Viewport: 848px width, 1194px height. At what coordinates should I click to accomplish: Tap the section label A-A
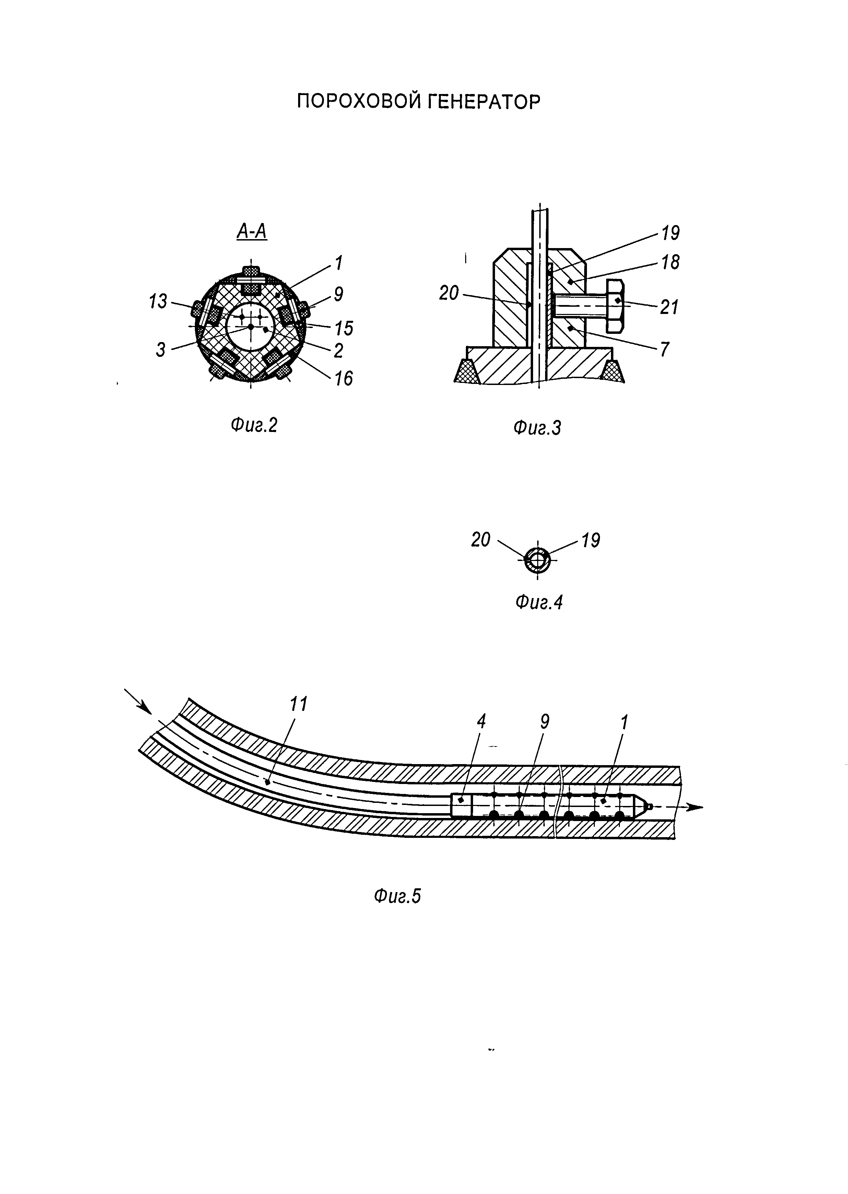[252, 231]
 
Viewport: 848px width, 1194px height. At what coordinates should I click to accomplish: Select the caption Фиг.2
[254, 426]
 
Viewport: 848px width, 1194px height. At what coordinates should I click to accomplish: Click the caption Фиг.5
[397, 896]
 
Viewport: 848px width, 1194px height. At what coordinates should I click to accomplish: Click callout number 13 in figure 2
[158, 301]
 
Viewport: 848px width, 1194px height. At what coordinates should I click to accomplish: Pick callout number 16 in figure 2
[344, 378]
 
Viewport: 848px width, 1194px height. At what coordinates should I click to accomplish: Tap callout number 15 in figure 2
[344, 328]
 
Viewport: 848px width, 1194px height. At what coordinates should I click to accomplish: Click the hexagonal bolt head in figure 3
[616, 306]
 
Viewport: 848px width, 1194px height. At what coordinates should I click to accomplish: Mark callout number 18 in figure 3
[670, 262]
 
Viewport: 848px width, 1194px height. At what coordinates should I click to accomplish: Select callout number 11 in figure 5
[299, 704]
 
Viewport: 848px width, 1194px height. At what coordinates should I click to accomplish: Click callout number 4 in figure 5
[481, 722]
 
